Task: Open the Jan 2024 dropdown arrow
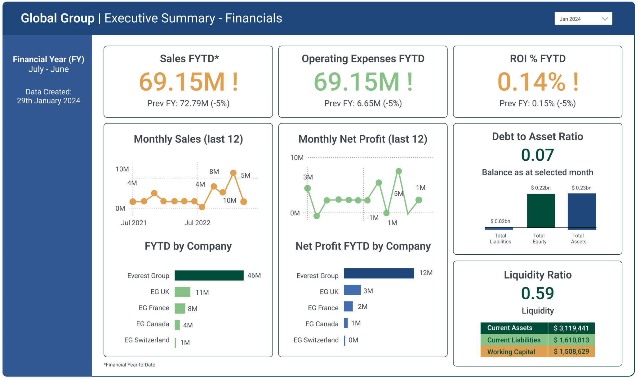605,19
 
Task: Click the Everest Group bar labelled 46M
209,275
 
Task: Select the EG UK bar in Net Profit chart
352,290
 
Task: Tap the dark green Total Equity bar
541,211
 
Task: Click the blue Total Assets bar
582,211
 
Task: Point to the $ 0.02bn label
500,221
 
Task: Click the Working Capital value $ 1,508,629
571,351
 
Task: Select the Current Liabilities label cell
514,340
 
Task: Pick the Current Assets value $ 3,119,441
571,328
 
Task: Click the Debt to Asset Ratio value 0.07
537,155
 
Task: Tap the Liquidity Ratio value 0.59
537,293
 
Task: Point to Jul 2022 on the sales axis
197,223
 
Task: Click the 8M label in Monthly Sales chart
214,172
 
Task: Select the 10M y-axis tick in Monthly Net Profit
297,158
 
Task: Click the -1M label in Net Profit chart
373,218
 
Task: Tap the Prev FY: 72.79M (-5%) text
188,103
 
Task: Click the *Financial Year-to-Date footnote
130,365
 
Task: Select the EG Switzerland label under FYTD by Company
147,340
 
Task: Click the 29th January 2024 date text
49,101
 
